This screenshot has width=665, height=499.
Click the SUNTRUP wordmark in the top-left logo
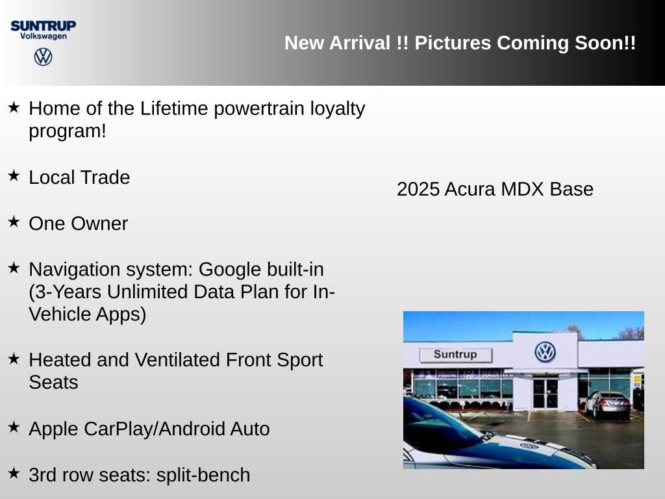click(x=44, y=26)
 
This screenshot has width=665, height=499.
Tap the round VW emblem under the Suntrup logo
click(x=44, y=57)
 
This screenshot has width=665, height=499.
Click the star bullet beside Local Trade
click(x=14, y=175)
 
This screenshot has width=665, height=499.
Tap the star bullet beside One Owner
click(x=14, y=222)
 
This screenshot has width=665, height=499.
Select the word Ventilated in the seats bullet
click(x=177, y=360)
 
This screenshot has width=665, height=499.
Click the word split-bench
click(x=203, y=475)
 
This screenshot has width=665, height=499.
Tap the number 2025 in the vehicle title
click(x=418, y=189)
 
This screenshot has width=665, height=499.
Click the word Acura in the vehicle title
click(x=470, y=189)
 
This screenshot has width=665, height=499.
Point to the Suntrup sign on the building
click(x=455, y=355)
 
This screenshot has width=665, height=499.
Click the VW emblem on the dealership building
click(x=545, y=352)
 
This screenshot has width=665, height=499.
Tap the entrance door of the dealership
click(x=546, y=393)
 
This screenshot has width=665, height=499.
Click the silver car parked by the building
click(x=608, y=405)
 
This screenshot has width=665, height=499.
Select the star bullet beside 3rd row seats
click(x=14, y=473)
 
